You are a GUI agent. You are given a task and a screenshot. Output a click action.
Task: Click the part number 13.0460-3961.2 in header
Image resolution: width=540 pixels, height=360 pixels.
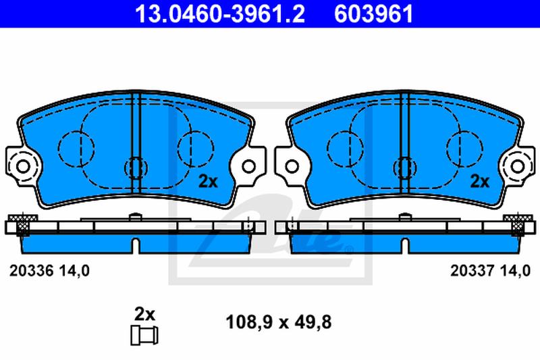(220, 14)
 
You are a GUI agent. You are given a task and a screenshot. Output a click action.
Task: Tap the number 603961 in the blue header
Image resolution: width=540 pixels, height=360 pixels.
(374, 14)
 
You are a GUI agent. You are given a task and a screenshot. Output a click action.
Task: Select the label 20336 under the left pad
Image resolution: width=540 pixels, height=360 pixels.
(31, 271)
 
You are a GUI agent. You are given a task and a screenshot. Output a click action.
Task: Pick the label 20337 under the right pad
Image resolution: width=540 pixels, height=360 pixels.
(473, 271)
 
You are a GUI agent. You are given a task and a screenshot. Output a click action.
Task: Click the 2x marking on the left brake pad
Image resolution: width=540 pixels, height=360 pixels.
(208, 182)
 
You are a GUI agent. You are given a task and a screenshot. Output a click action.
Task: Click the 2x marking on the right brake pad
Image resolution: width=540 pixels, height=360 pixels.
(480, 182)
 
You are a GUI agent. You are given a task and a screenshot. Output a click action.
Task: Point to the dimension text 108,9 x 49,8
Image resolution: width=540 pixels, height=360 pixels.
(278, 322)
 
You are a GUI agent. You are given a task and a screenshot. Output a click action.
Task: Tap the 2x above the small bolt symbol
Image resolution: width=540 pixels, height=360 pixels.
(144, 314)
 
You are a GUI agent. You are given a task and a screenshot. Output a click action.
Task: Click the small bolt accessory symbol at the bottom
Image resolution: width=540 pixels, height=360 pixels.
(144, 335)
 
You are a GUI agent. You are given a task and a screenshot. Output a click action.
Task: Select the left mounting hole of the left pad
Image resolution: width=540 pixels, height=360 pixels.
(23, 167)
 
